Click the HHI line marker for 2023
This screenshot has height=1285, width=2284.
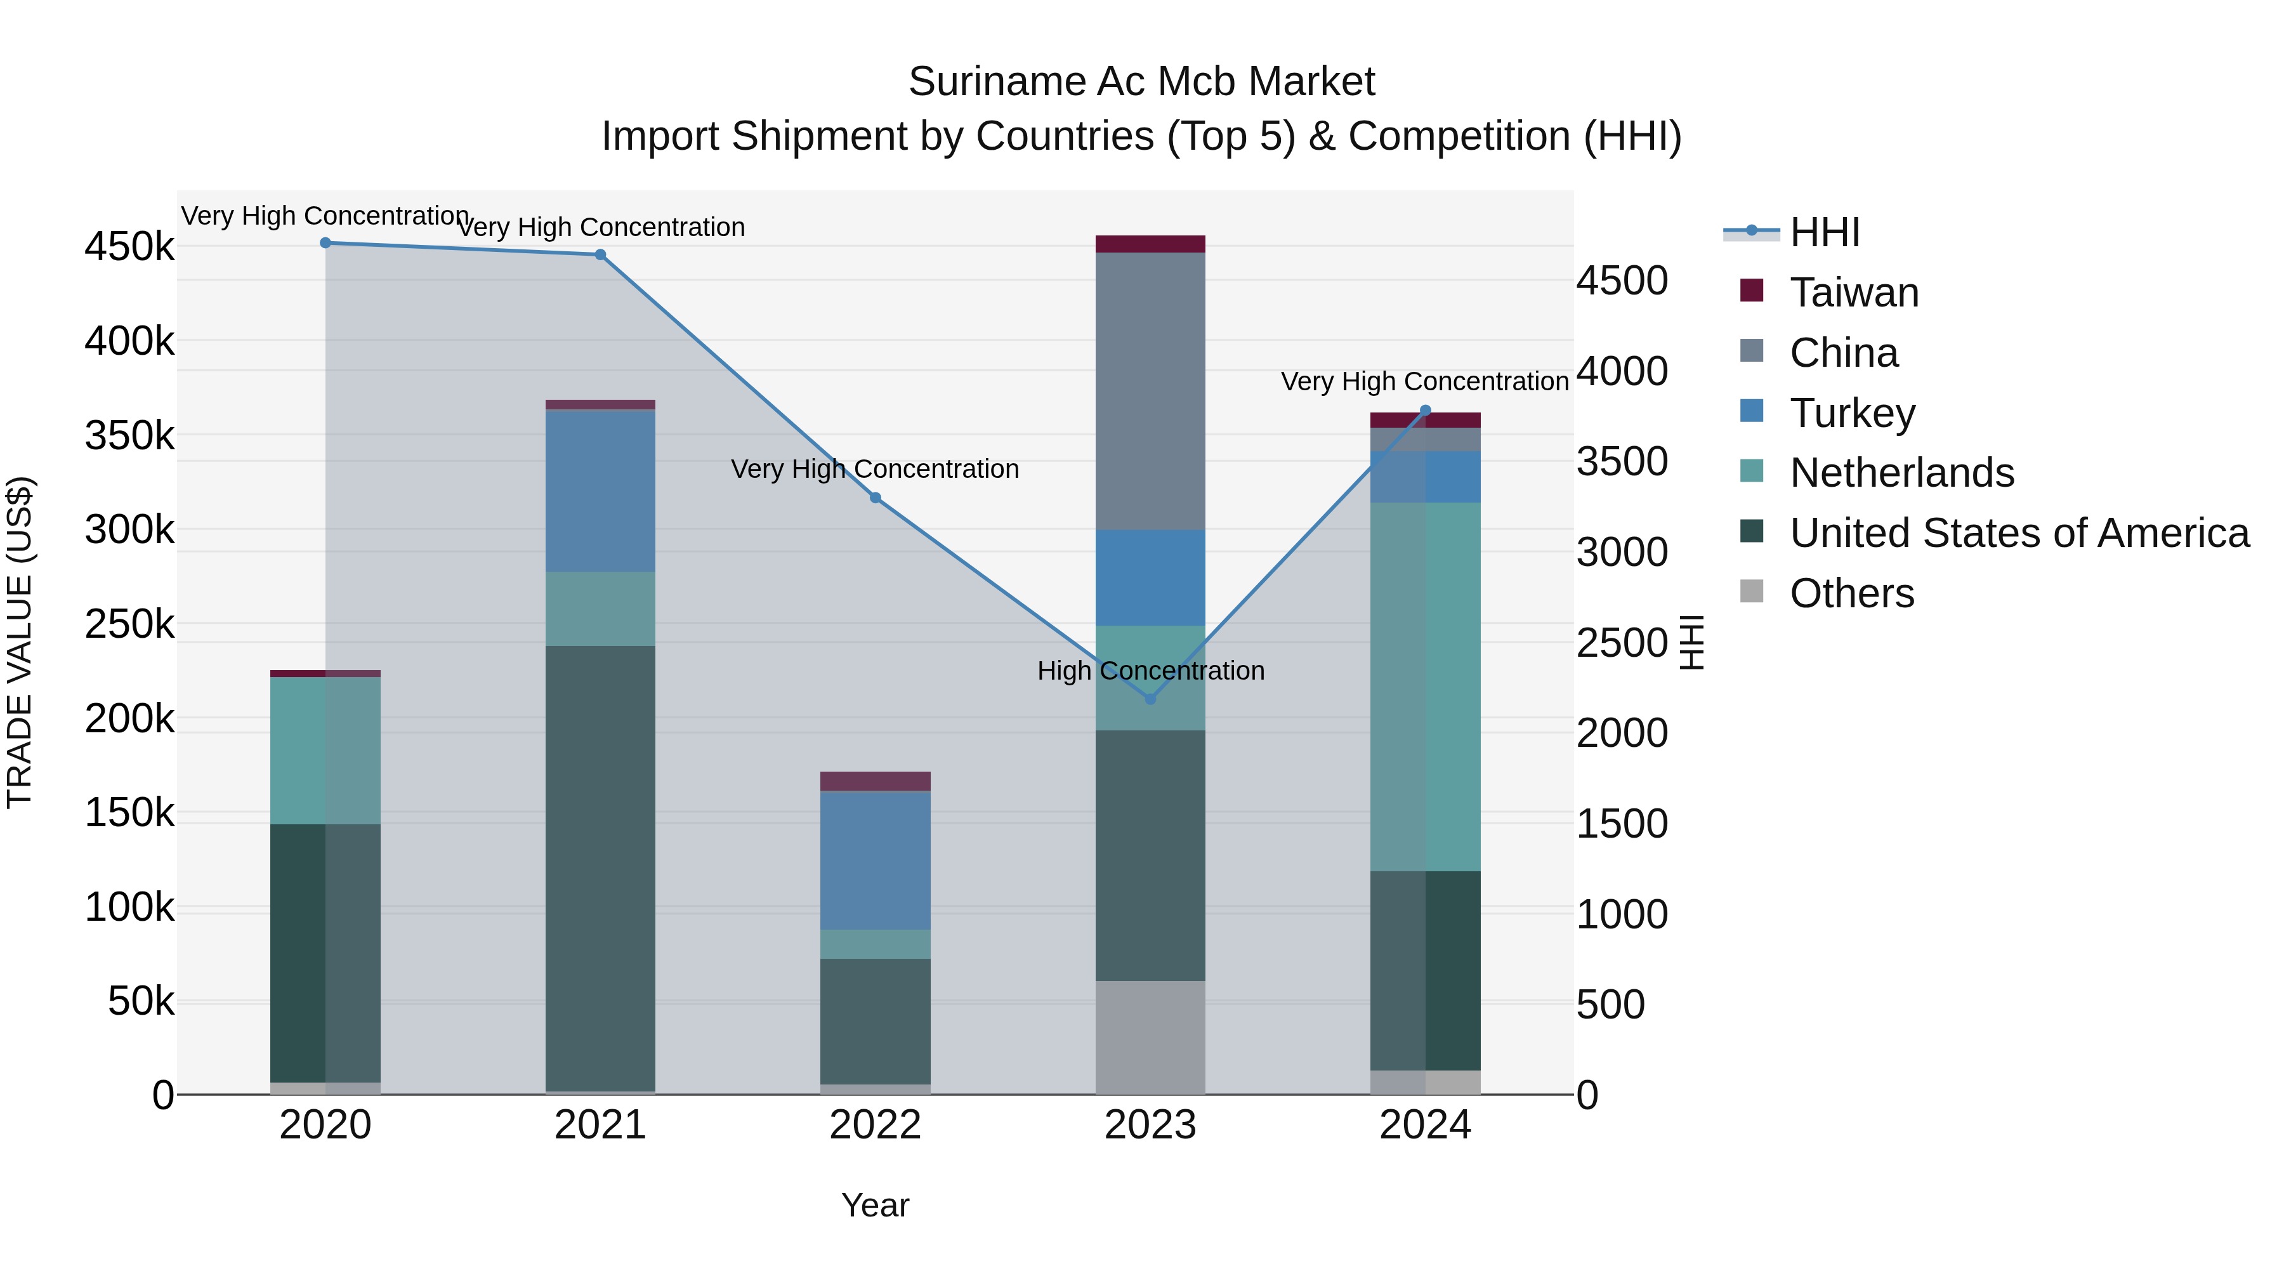pyautogui.click(x=1150, y=699)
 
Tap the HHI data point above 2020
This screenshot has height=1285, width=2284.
pyautogui.click(x=325, y=243)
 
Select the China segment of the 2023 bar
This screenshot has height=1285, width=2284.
pyautogui.click(x=1150, y=390)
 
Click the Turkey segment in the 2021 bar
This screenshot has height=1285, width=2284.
pyautogui.click(x=600, y=491)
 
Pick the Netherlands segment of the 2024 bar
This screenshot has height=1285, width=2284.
pyautogui.click(x=1425, y=687)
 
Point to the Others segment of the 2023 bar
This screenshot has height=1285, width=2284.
pyautogui.click(x=1150, y=1037)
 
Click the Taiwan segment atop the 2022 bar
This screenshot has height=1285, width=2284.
pyautogui.click(x=875, y=781)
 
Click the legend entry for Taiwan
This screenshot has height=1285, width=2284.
pyautogui.click(x=1853, y=293)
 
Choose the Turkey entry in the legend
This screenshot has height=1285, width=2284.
pyautogui.click(x=1851, y=413)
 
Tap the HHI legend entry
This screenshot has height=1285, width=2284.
pyautogui.click(x=1824, y=232)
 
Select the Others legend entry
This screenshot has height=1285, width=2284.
pyautogui.click(x=1851, y=593)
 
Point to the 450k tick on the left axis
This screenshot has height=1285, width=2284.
pyautogui.click(x=129, y=247)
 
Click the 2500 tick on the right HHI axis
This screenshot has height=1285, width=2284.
pyautogui.click(x=1622, y=643)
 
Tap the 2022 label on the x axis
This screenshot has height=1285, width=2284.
pyautogui.click(x=875, y=1125)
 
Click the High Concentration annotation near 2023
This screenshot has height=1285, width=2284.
pyautogui.click(x=1150, y=671)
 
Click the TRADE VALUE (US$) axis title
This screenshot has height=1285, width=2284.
pyautogui.click(x=20, y=642)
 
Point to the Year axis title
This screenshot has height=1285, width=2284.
pyautogui.click(x=875, y=1205)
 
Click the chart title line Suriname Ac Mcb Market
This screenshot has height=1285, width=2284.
pyautogui.click(x=1141, y=82)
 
